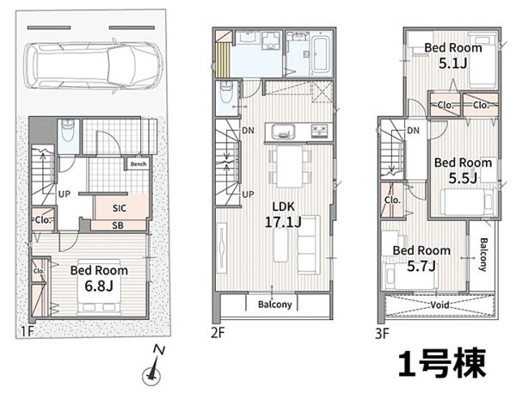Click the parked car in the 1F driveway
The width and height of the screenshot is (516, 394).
(x=94, y=65)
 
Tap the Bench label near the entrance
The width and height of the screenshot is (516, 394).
(x=138, y=164)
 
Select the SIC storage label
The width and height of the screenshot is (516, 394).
(x=120, y=208)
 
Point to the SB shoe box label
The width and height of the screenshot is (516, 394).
(x=118, y=225)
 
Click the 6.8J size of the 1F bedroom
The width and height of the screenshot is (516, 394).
(x=99, y=286)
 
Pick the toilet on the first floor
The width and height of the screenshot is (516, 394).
(x=69, y=131)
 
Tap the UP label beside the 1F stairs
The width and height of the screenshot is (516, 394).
(x=64, y=194)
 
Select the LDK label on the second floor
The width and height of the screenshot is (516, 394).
(x=283, y=206)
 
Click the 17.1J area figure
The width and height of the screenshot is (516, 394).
(x=283, y=222)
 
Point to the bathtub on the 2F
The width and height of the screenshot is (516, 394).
(x=320, y=54)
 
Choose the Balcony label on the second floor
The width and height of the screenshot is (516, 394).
(x=275, y=305)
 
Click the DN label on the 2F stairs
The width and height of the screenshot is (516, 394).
(x=249, y=131)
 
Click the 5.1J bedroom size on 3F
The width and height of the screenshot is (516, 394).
(x=453, y=63)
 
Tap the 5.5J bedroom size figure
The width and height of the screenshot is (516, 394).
(x=463, y=178)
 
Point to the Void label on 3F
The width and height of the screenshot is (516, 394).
(x=439, y=305)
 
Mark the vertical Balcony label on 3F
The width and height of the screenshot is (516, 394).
(x=483, y=255)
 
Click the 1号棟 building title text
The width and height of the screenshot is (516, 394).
(x=442, y=364)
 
